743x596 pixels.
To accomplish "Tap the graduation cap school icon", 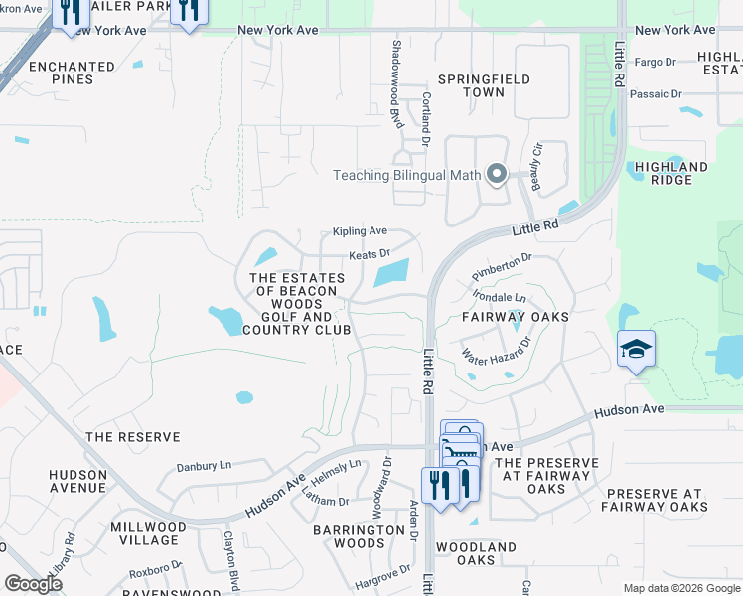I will (x=636, y=350).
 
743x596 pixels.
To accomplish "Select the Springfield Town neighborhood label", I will (x=484, y=85).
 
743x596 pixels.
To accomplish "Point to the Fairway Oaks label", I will (x=516, y=317).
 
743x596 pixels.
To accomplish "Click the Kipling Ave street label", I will (x=360, y=231).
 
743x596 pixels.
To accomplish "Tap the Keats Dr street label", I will (x=369, y=255).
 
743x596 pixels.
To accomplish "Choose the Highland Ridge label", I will (x=670, y=174).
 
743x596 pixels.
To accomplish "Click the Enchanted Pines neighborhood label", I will (x=72, y=74).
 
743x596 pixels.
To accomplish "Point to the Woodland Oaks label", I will (x=476, y=554).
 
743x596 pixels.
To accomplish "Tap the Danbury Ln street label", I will (x=204, y=466).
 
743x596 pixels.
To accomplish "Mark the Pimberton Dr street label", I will (x=503, y=264).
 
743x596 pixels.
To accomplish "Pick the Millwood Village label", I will (x=145, y=533).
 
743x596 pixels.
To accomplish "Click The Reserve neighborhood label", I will (x=133, y=437).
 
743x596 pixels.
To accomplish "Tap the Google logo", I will (x=33, y=584).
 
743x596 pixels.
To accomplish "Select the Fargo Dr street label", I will (x=655, y=62).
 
